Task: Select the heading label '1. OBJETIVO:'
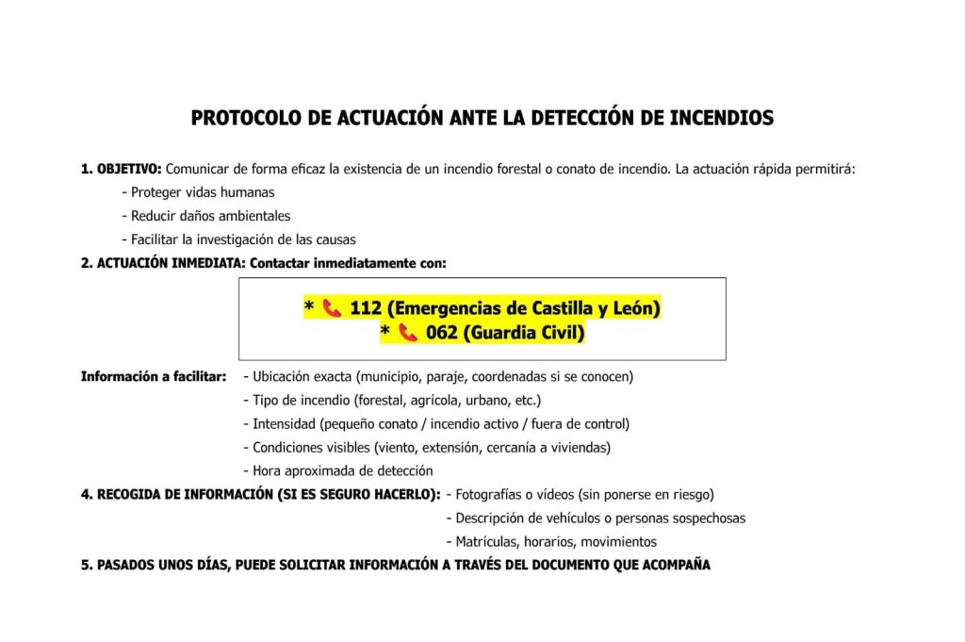[122, 170]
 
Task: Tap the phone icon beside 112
[331, 308]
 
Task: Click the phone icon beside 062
[407, 333]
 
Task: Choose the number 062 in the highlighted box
[441, 333]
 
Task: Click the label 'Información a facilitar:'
[154, 376]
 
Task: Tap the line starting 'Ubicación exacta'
[438, 376]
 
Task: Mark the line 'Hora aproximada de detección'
[338, 470]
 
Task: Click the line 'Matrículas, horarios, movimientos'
[551, 541]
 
